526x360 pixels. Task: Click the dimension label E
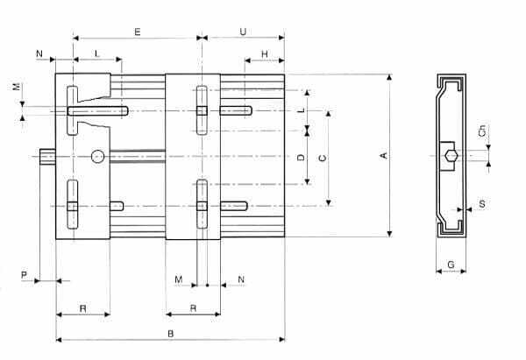(138, 32)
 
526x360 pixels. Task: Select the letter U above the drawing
(243, 32)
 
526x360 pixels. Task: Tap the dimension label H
(265, 54)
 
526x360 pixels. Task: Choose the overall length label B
(170, 334)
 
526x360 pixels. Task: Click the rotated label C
(323, 158)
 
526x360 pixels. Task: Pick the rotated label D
(301, 157)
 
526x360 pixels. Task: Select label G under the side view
(451, 265)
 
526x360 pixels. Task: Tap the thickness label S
(482, 204)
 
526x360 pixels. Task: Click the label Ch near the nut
(481, 131)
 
